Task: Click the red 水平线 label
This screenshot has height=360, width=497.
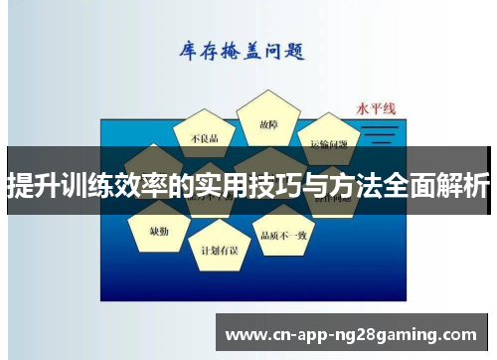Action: (377, 108)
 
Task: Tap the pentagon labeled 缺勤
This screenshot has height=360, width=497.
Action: (159, 229)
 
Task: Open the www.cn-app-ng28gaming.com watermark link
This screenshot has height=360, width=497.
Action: (353, 332)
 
